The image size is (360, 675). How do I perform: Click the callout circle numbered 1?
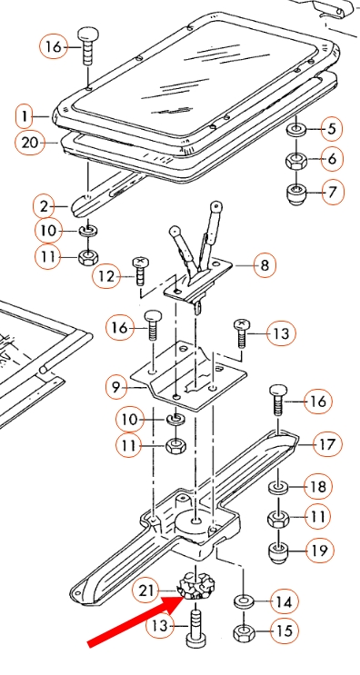point(25,116)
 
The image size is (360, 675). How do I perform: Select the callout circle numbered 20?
point(30,142)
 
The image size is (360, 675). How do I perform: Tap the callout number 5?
point(331,129)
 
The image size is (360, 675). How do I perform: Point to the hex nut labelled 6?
point(295,162)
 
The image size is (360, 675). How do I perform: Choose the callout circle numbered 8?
point(265,264)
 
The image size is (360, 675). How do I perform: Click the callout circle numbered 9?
point(116,387)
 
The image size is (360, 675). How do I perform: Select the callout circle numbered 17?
point(327,444)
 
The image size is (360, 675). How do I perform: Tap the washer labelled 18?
point(278,487)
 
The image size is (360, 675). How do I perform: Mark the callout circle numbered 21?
point(146,591)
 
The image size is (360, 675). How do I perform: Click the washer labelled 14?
point(244,600)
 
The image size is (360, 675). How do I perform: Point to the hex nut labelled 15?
point(244,632)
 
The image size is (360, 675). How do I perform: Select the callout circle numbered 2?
point(44,207)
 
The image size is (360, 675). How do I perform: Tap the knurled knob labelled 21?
point(196,585)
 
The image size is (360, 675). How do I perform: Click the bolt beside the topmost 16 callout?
point(88,46)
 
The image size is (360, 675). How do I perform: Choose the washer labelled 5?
point(295,129)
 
